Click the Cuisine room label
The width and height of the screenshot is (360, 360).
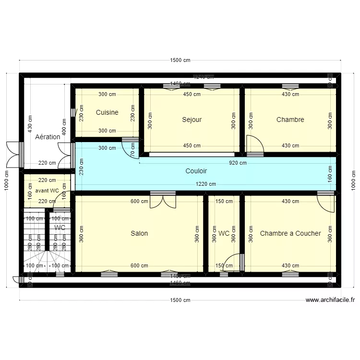(107, 113)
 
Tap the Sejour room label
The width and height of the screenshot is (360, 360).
(192, 120)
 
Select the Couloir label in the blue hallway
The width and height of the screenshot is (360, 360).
(196, 171)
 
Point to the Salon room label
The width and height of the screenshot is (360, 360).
(139, 234)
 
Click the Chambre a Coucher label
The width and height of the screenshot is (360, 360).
(290, 234)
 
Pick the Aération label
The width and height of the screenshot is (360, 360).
(48, 137)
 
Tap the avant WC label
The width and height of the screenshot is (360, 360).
(47, 191)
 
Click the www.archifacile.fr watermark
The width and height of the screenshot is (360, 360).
(330, 300)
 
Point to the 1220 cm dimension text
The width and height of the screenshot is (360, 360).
(205, 184)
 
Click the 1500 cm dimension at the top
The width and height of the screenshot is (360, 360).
(180, 60)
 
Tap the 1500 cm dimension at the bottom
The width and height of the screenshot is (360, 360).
(180, 300)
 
